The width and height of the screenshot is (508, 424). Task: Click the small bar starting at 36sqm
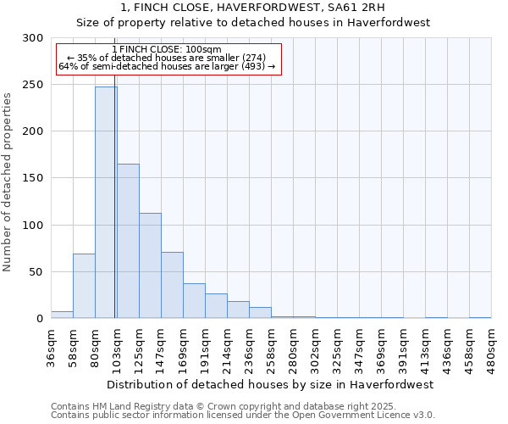pos(62,315)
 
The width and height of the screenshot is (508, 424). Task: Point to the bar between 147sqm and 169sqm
pos(172,285)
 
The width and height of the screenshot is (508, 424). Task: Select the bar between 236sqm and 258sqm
pos(260,313)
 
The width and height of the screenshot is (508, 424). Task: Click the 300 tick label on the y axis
pos(33,38)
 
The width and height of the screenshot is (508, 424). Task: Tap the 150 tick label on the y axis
pos(33,178)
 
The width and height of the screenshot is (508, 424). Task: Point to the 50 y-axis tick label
pos(36,272)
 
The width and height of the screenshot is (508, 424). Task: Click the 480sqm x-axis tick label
pos(491,348)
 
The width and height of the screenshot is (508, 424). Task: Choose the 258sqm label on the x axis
pos(271,348)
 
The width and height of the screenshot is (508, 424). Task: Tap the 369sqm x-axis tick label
pos(381,348)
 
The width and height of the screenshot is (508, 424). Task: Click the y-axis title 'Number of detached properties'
pos(8,181)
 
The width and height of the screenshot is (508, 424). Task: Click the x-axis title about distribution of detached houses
pos(270,384)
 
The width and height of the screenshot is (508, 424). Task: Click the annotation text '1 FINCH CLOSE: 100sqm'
pos(167,49)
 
